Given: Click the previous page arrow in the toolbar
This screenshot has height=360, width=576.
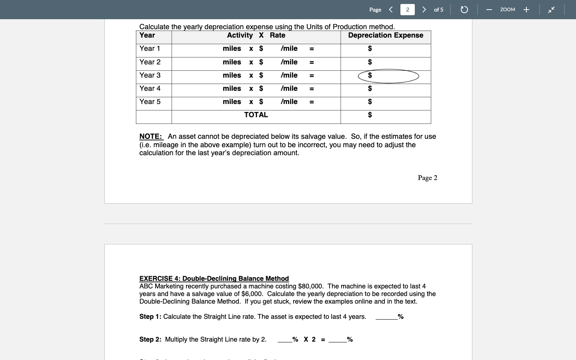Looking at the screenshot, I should (x=391, y=10).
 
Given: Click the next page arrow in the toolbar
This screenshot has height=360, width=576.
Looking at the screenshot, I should (x=424, y=10).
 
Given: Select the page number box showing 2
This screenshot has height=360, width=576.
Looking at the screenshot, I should (x=407, y=10).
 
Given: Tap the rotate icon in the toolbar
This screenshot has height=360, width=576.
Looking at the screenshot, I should (x=464, y=10).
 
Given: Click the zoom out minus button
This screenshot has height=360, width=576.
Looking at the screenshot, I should (x=489, y=10).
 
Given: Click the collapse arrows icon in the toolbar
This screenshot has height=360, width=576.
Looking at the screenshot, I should (x=551, y=10).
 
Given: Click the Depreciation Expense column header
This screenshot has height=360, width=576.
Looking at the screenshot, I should (x=385, y=35).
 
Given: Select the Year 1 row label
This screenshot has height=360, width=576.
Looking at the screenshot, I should (x=150, y=48).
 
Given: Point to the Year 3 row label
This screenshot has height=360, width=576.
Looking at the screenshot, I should (x=150, y=75).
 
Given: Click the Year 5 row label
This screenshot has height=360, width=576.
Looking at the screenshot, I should (x=150, y=102).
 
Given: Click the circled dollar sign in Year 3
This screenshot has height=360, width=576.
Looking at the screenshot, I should (x=370, y=75).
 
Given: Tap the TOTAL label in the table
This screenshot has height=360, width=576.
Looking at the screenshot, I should (x=256, y=115).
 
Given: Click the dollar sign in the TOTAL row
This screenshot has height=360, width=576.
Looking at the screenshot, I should (x=370, y=115).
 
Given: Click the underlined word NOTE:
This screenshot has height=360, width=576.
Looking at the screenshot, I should (x=151, y=136).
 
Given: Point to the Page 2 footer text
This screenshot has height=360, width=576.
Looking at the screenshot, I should (x=427, y=178).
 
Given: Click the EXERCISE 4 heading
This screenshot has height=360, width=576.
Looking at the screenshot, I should (x=214, y=278).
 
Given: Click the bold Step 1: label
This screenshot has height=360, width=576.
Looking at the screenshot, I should (x=150, y=316).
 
